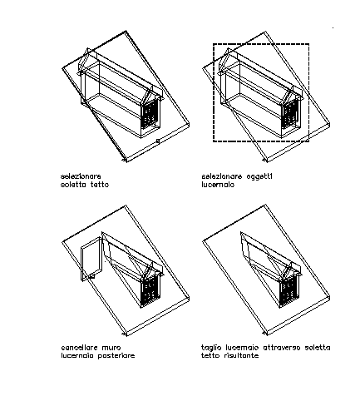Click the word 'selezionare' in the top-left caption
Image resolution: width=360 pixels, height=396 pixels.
pyautogui.click(x=81, y=176)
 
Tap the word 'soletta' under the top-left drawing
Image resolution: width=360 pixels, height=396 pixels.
pyautogui.click(x=71, y=185)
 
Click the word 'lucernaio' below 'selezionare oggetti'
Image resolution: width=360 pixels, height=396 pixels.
pyautogui.click(x=218, y=185)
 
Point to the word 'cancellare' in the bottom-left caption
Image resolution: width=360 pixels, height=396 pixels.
pyautogui.click(x=79, y=348)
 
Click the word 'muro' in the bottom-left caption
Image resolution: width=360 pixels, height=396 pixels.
pyautogui.click(x=111, y=348)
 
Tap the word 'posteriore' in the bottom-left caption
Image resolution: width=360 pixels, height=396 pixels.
pyautogui.click(x=116, y=356)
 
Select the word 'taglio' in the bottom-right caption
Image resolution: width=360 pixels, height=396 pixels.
pyautogui.click(x=211, y=348)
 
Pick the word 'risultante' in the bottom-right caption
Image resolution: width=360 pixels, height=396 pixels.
pyautogui.click(x=241, y=355)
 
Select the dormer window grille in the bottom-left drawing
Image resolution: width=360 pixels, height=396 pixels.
pyautogui.click(x=150, y=291)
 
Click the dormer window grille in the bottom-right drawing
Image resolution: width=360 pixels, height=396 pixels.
pyautogui.click(x=290, y=291)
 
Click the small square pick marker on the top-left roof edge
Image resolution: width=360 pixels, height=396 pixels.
pyautogui.click(x=158, y=141)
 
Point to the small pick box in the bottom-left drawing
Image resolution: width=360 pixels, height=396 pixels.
pyautogui.click(x=92, y=275)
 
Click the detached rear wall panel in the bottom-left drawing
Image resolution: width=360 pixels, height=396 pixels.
pyautogui.click(x=91, y=259)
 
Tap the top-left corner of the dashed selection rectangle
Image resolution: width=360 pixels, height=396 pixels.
pyautogui.click(x=214, y=44)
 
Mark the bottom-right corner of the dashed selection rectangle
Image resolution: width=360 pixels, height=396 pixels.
pyautogui.click(x=308, y=141)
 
